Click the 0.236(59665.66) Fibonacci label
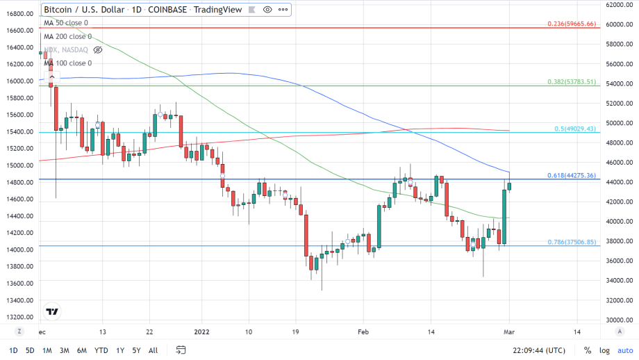tap(572, 24)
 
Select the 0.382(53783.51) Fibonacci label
tap(572, 82)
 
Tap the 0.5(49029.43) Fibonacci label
tap(576, 129)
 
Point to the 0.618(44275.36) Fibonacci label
tap(572, 175)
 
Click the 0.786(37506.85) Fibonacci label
tap(572, 242)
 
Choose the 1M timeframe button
tap(47, 350)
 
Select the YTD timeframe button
tap(101, 350)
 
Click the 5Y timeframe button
tap(137, 350)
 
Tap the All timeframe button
tap(153, 350)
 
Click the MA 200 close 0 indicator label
tap(67, 36)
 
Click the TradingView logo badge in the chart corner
tap(52, 312)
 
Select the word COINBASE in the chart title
tap(166, 10)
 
